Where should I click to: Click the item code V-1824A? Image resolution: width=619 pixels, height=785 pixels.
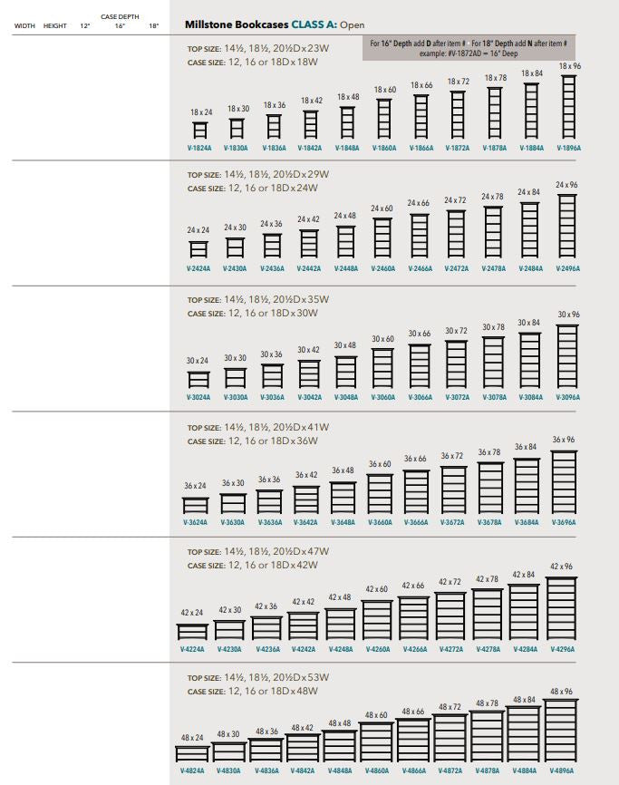coord(199,148)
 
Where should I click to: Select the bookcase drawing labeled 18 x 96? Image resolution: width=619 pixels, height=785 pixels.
coord(569,107)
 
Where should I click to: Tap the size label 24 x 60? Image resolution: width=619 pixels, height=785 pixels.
coord(382,208)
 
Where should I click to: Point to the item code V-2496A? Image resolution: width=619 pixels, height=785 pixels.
coord(568,269)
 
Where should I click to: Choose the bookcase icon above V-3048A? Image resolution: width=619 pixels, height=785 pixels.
coord(346,372)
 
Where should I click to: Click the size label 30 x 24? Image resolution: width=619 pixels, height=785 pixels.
coord(198,361)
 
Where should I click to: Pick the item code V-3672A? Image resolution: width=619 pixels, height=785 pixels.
coord(452,523)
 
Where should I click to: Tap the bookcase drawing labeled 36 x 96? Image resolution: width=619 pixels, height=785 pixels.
coord(564,482)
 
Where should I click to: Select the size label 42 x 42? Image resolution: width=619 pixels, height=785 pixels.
coord(304,602)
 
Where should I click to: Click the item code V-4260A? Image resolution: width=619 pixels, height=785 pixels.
coord(378,649)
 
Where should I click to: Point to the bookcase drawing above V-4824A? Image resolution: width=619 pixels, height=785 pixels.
coord(192,753)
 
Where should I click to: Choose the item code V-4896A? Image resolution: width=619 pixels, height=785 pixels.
coord(562,771)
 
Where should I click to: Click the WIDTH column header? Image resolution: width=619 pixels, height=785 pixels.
coord(24,26)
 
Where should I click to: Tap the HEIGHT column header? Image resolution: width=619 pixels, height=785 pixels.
coord(54,26)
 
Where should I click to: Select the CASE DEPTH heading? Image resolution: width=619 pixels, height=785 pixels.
coord(120,17)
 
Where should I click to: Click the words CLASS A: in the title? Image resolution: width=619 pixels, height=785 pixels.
coord(314,24)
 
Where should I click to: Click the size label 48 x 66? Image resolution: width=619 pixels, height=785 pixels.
coord(413,712)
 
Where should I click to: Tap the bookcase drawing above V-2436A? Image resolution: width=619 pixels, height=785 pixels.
coord(273,246)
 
